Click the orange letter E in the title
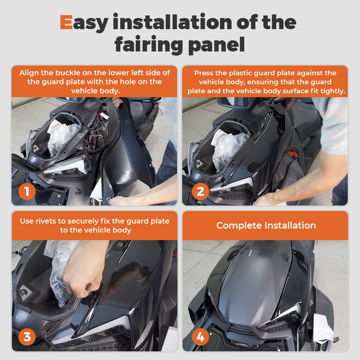point(66,22)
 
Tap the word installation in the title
point(172,22)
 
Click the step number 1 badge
point(27,192)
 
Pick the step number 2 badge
point(201,192)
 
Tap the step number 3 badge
point(27,337)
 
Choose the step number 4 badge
point(201,337)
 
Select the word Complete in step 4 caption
point(239,226)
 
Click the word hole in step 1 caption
point(129,82)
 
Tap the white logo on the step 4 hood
point(250,253)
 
